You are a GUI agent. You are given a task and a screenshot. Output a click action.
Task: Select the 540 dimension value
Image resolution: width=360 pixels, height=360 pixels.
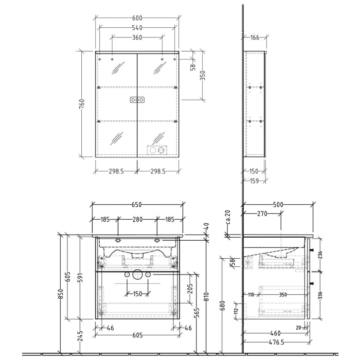137,27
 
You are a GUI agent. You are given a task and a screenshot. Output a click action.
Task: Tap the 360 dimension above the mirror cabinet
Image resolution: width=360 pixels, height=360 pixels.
137,38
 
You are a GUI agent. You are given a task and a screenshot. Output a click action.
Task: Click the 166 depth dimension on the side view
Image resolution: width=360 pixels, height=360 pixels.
255,38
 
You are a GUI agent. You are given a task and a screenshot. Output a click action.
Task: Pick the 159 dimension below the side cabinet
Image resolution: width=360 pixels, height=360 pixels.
255,180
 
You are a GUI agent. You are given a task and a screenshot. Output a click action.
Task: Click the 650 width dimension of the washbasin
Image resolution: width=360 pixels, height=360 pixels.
137,205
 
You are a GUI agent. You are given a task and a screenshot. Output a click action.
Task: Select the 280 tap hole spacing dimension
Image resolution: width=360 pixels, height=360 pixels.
137,220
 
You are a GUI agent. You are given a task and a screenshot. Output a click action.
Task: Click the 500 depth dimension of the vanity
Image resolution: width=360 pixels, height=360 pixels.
278,205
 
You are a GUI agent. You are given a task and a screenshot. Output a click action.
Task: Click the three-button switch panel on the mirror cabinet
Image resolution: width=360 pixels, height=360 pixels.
137,100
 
